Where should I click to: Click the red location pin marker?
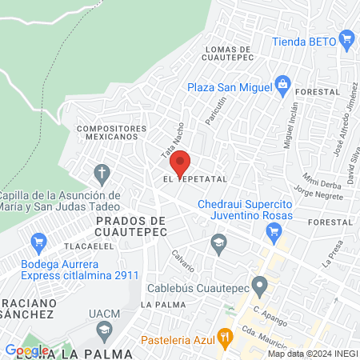coord(181,163)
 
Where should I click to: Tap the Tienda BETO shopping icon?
coord(346,38)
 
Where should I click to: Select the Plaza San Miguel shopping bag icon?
coord(282,84)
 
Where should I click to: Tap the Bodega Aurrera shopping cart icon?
coord(38,240)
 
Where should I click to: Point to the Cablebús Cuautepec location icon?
coord(259,285)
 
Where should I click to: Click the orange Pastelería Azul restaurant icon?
coord(226,337)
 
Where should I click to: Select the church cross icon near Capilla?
coord(102,172)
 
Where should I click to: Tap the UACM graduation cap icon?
coord(104,329)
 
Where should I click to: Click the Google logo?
coord(26,350)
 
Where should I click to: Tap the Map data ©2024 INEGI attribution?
coord(313,354)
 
